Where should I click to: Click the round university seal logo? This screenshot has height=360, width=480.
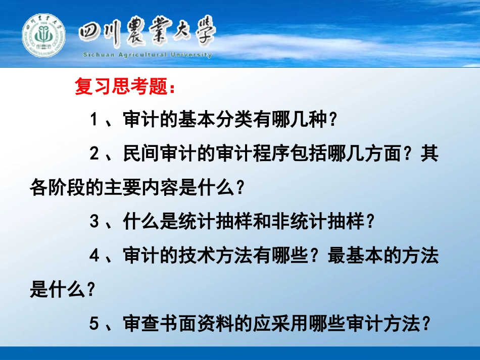(x=43, y=36)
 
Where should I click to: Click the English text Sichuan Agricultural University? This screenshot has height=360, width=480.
(x=147, y=55)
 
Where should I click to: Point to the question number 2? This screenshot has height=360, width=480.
(x=93, y=155)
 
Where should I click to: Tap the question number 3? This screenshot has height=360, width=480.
(x=93, y=222)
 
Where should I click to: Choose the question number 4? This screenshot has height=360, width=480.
(x=93, y=256)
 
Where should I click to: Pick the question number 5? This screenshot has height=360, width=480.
(x=93, y=324)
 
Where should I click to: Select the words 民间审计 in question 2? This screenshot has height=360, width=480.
(x=157, y=155)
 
